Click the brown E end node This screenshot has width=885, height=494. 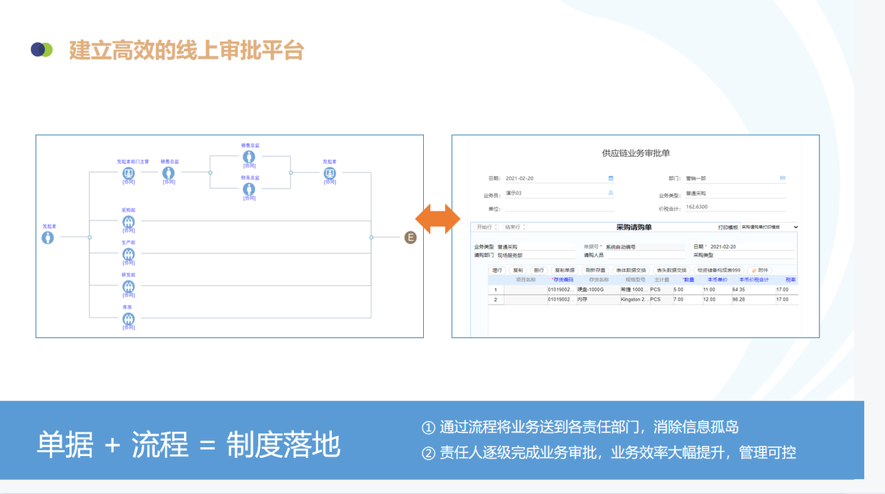(x=411, y=238)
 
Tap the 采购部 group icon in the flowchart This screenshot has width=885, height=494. (x=129, y=222)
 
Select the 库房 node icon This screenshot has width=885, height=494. (x=129, y=319)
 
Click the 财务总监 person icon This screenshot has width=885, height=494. (x=249, y=189)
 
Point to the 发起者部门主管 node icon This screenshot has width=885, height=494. (x=129, y=173)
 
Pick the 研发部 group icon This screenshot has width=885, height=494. (x=129, y=287)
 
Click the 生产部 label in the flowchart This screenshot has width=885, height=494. (x=129, y=243)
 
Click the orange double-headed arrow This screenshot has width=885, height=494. (x=438, y=218)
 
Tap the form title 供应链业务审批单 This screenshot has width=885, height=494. (x=636, y=153)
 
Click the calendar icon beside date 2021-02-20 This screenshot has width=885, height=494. (x=611, y=178)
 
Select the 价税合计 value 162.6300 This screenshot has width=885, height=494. (x=697, y=207)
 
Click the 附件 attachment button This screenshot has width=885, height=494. (x=759, y=270)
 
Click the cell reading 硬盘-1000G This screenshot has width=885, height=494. (x=590, y=289)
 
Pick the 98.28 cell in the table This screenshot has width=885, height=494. (x=738, y=300)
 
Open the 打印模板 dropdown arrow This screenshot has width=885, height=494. (x=796, y=227)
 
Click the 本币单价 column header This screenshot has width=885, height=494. (x=715, y=280)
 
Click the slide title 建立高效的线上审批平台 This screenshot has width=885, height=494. (x=186, y=50)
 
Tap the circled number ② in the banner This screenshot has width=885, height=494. (x=428, y=453)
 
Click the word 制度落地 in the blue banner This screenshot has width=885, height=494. (x=283, y=446)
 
